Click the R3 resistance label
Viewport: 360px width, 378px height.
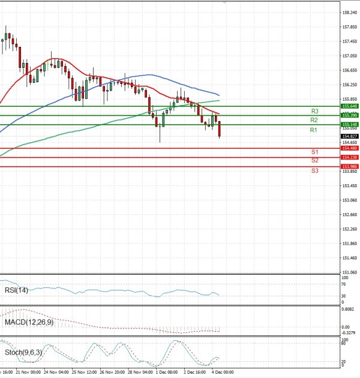point(314,111)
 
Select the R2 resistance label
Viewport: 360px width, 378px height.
point(314,120)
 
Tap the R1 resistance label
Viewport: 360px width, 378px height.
point(313,130)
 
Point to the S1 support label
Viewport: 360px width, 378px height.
point(314,152)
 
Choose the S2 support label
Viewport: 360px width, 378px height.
point(314,161)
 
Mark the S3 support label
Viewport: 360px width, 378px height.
point(314,171)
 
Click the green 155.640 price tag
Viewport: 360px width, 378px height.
point(349,106)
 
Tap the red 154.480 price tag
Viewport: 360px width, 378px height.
point(349,148)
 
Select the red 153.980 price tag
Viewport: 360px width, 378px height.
point(349,166)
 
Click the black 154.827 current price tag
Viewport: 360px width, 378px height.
point(349,136)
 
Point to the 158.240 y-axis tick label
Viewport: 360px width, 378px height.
point(350,12)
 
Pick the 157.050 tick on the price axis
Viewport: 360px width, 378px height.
point(350,56)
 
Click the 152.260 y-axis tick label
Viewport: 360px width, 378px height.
point(350,229)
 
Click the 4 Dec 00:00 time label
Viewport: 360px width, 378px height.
point(223,372)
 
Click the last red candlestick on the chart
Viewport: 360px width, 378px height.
point(220,129)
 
